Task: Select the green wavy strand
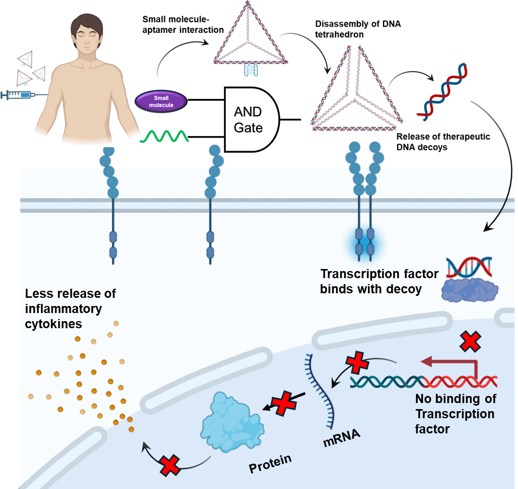coord(164,136)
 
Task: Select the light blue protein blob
coord(230,421)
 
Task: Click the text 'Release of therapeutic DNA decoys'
coord(443,142)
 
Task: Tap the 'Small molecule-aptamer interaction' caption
coord(183,24)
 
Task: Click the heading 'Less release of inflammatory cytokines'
coord(71,308)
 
